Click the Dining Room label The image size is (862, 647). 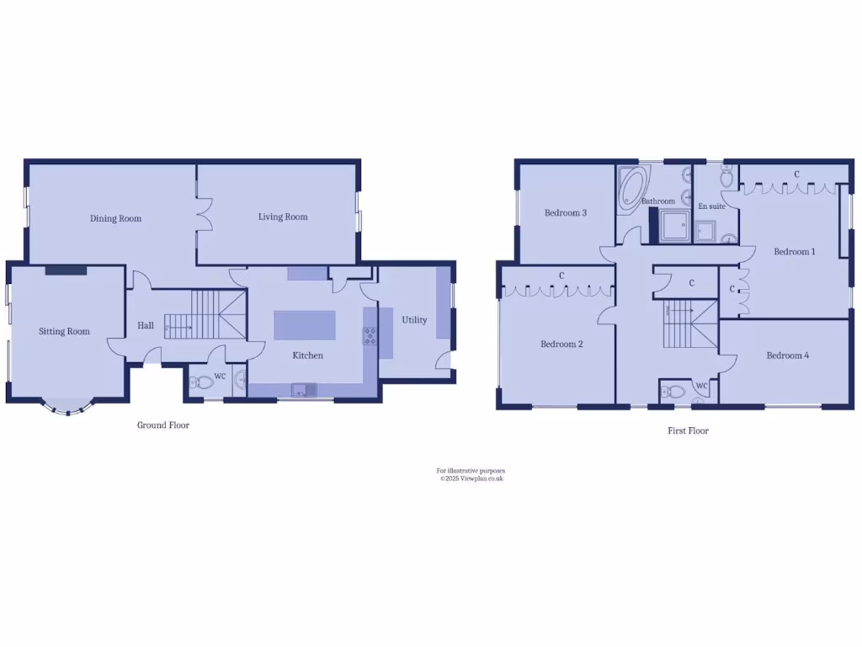(116, 219)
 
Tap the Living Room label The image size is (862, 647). (283, 217)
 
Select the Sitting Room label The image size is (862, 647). (64, 332)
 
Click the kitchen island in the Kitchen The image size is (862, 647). (304, 325)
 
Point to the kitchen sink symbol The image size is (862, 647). (300, 389)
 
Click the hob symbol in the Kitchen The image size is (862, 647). (370, 337)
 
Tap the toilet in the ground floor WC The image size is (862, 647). (203, 382)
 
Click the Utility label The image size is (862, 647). (414, 320)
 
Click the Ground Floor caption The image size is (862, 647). (163, 425)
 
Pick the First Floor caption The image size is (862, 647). (688, 430)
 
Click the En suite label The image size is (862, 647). (711, 206)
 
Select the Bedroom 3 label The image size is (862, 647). (565, 213)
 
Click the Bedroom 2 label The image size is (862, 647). (561, 345)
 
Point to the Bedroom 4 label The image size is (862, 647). (787, 356)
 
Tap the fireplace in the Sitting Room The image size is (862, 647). (67, 270)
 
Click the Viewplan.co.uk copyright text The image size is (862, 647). (471, 479)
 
